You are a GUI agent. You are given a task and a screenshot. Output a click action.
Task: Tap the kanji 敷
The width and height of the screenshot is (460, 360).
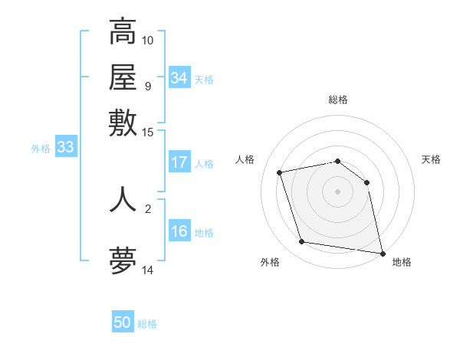click(123, 123)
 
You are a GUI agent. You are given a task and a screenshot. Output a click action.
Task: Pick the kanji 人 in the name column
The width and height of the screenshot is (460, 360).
click(123, 198)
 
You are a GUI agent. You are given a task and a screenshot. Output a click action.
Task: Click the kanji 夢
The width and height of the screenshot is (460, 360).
click(123, 261)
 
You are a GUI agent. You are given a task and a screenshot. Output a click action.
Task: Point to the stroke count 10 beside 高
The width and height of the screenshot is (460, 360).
click(148, 40)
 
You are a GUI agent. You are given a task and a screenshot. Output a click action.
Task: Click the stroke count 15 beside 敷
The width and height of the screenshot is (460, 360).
click(148, 132)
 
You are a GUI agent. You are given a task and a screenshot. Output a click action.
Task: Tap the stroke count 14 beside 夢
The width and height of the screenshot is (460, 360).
click(148, 270)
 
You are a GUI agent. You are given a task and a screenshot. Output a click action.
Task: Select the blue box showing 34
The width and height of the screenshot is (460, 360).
click(179, 78)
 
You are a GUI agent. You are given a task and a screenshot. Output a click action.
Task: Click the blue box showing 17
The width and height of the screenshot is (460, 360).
click(179, 162)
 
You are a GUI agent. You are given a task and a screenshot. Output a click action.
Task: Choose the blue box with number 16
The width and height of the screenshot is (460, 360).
click(179, 232)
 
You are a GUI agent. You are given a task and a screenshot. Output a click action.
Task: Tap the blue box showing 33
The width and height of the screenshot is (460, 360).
click(65, 148)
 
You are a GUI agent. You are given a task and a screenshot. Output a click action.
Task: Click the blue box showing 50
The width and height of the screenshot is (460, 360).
click(123, 322)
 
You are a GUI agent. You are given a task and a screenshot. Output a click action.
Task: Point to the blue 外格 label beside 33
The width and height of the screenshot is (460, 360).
click(41, 149)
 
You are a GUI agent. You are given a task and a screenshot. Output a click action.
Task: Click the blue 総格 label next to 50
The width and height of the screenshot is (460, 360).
click(147, 324)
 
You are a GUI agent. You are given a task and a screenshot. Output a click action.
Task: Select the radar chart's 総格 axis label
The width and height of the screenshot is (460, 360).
click(338, 100)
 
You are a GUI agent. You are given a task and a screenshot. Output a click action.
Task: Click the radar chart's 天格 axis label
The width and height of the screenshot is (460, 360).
click(431, 159)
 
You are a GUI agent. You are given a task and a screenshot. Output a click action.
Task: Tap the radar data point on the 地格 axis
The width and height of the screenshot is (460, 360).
click(382, 253)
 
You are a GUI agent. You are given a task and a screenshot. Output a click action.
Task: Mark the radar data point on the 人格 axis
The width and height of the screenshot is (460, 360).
click(280, 172)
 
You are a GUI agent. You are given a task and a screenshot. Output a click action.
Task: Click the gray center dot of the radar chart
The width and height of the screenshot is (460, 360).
click(338, 191)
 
